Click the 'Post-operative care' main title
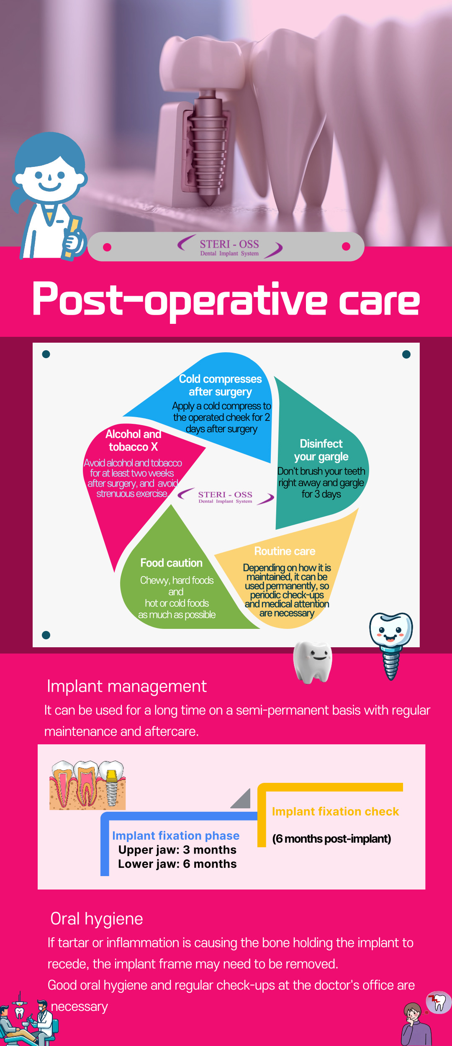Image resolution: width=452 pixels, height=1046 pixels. point(226,300)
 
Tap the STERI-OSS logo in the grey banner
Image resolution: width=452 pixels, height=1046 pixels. point(230,247)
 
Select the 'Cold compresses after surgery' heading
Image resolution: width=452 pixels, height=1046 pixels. point(221,385)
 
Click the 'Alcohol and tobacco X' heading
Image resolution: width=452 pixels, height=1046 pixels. point(133,441)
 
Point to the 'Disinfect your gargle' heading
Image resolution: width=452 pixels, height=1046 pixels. point(321,450)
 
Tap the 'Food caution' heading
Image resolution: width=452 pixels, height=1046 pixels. point(172,563)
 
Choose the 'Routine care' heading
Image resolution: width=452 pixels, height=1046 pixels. point(285,551)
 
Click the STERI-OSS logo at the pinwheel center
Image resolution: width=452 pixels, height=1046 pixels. point(226,497)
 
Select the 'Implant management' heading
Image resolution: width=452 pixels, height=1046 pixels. point(127,687)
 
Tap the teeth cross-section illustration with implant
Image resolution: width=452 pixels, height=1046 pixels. point(87,785)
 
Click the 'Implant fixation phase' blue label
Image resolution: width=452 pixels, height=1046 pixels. point(176,836)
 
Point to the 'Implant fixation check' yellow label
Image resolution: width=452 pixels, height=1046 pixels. point(336,811)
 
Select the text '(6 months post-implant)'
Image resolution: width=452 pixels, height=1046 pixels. point(332,839)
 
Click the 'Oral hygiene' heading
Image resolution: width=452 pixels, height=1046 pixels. point(97,919)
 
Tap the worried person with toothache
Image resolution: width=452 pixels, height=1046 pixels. point(416,1023)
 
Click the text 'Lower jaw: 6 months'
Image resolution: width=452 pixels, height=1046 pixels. point(177,864)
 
